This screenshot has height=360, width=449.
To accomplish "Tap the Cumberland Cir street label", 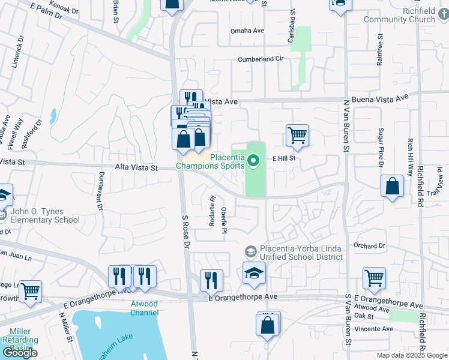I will coord(260,59).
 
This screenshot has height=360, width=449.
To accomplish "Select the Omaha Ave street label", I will coord(247,31).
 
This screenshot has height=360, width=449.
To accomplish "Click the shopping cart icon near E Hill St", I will coord(297,135).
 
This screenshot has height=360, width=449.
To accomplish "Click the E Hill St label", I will coord(285,159).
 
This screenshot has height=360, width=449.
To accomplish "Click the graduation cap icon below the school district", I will coord(255,273).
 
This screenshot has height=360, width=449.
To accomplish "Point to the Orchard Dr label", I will coord(369,245).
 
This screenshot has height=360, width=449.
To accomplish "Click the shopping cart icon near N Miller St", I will coord(30,291).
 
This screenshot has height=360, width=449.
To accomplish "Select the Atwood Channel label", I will coord(144,308).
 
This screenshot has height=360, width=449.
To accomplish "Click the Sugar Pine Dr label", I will coord(381,147).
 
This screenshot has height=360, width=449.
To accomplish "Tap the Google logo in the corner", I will coord(20,353).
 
